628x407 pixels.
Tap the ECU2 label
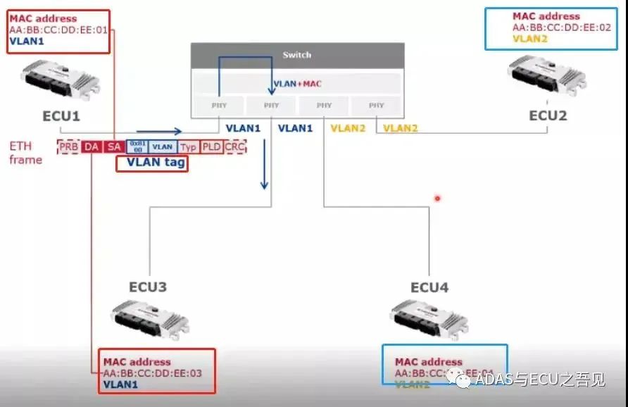pyautogui.click(x=548, y=115)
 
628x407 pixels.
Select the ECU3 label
pyautogui.click(x=147, y=287)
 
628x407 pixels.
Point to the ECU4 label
pyautogui.click(x=429, y=287)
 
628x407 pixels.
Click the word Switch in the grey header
pyautogui.click(x=296, y=55)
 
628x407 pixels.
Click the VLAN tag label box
pyautogui.click(x=152, y=163)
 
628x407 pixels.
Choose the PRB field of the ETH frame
pyautogui.click(x=68, y=146)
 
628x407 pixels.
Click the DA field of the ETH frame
pyautogui.click(x=92, y=146)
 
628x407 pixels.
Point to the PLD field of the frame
pyautogui.click(x=211, y=146)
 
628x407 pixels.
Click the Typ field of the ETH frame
pyautogui.click(x=187, y=146)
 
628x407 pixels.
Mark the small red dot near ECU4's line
pyautogui.click(x=437, y=199)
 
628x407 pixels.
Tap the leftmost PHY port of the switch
pyautogui.click(x=218, y=106)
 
